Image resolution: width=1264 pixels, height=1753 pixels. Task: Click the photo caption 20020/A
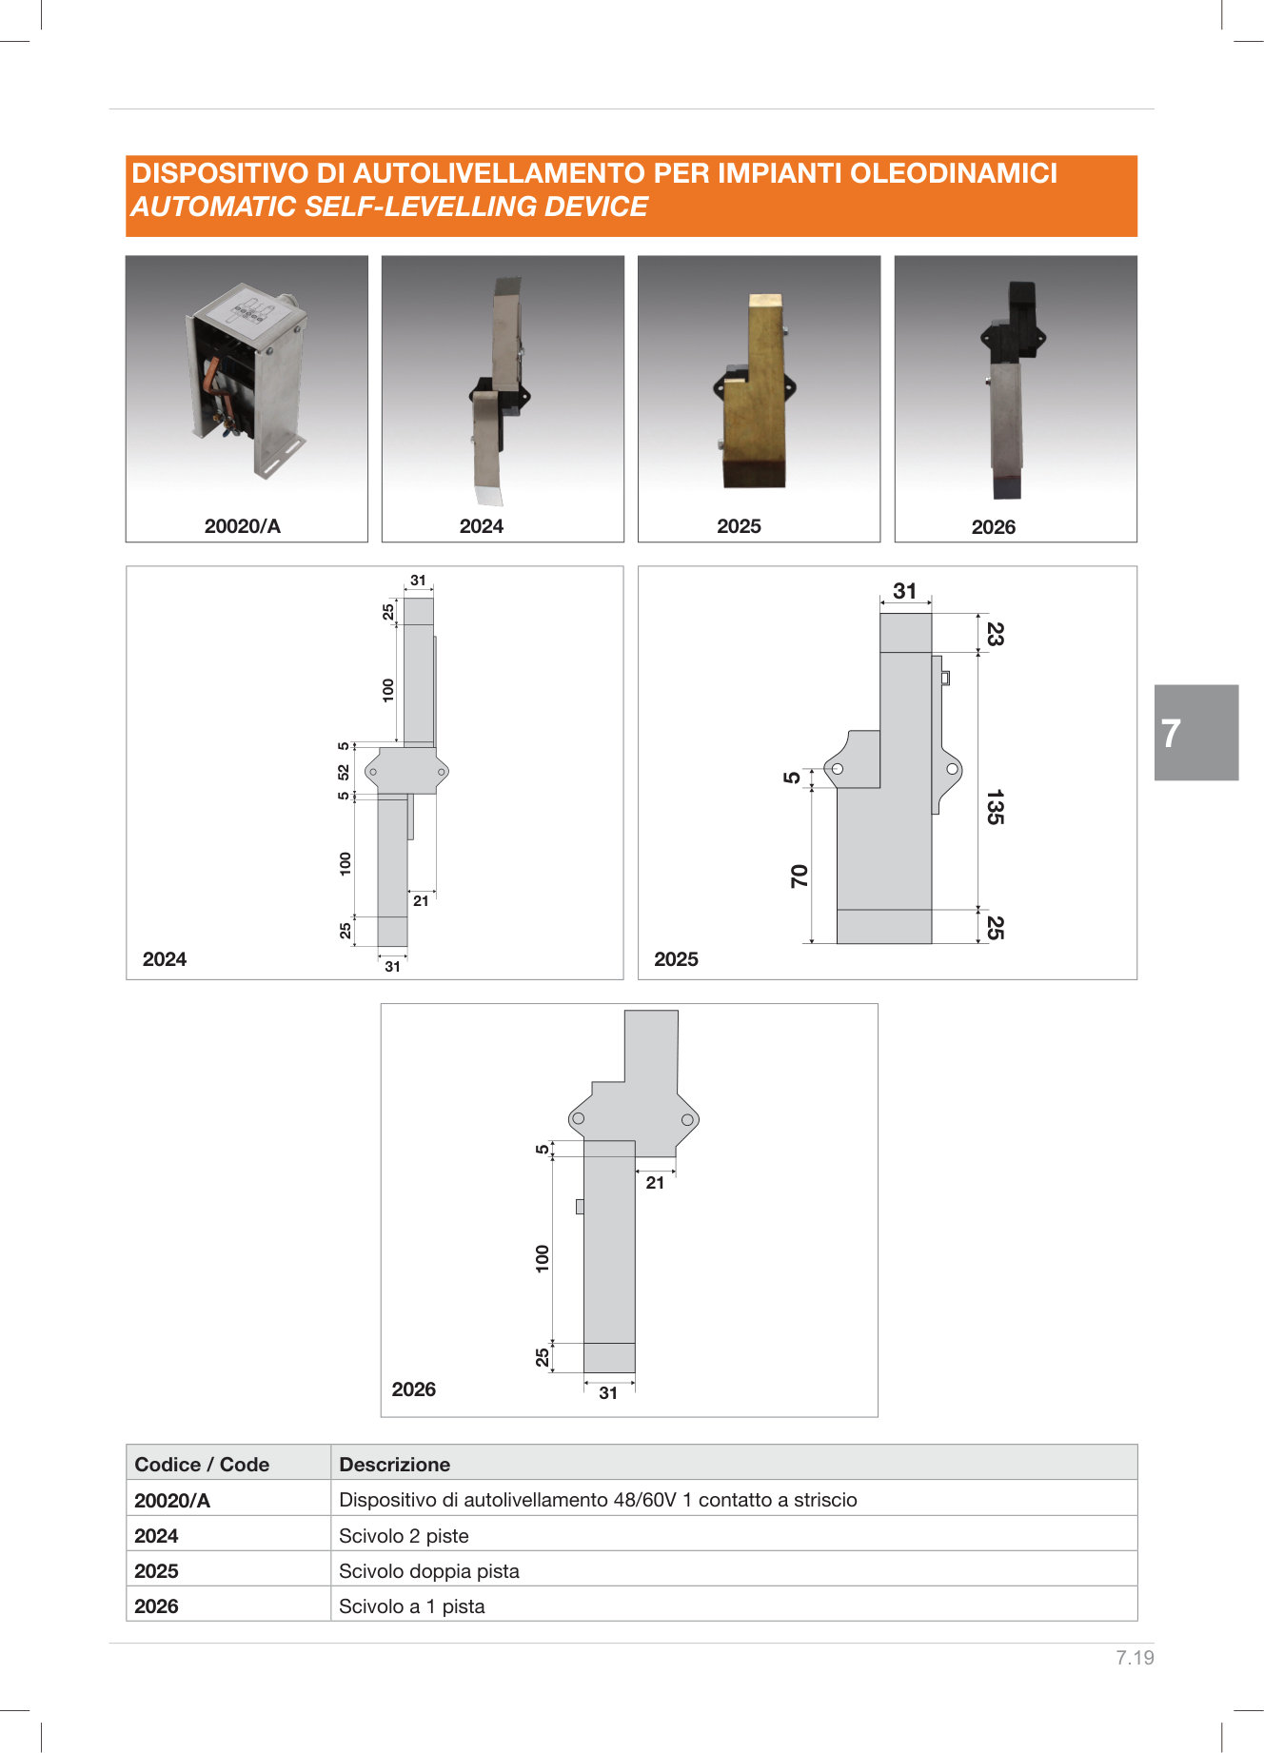point(243,526)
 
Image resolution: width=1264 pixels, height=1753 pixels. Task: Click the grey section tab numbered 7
point(1196,733)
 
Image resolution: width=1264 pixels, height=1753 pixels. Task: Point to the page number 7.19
point(1135,1657)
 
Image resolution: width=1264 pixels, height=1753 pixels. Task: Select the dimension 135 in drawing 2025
point(994,806)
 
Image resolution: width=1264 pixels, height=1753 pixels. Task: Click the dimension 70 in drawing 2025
point(799,876)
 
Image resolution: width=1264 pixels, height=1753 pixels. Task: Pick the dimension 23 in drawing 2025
point(994,634)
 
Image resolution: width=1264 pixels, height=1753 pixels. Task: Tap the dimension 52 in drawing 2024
point(344,771)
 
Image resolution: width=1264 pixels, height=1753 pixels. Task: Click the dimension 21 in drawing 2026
point(655,1183)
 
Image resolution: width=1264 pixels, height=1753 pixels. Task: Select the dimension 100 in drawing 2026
point(543,1258)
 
